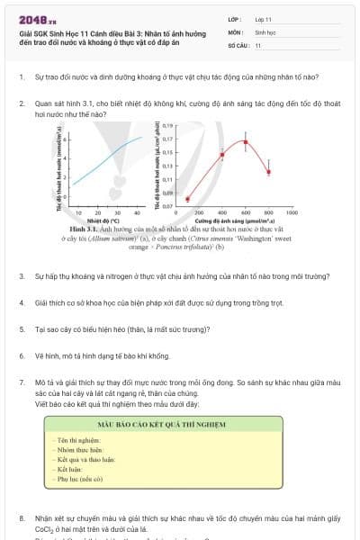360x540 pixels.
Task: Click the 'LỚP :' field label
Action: click(x=235, y=19)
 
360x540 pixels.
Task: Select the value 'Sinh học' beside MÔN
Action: click(x=265, y=31)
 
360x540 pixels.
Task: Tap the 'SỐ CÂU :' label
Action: click(x=238, y=44)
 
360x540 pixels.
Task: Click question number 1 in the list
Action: click(x=21, y=78)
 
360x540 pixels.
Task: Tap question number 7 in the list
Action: click(x=21, y=382)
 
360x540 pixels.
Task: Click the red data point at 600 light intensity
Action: click(x=245, y=142)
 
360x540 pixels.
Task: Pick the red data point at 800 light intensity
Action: click(x=268, y=171)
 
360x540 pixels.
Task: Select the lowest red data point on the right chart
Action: click(x=187, y=199)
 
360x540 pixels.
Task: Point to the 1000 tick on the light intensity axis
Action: click(x=292, y=213)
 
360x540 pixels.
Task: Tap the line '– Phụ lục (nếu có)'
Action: click(x=77, y=481)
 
